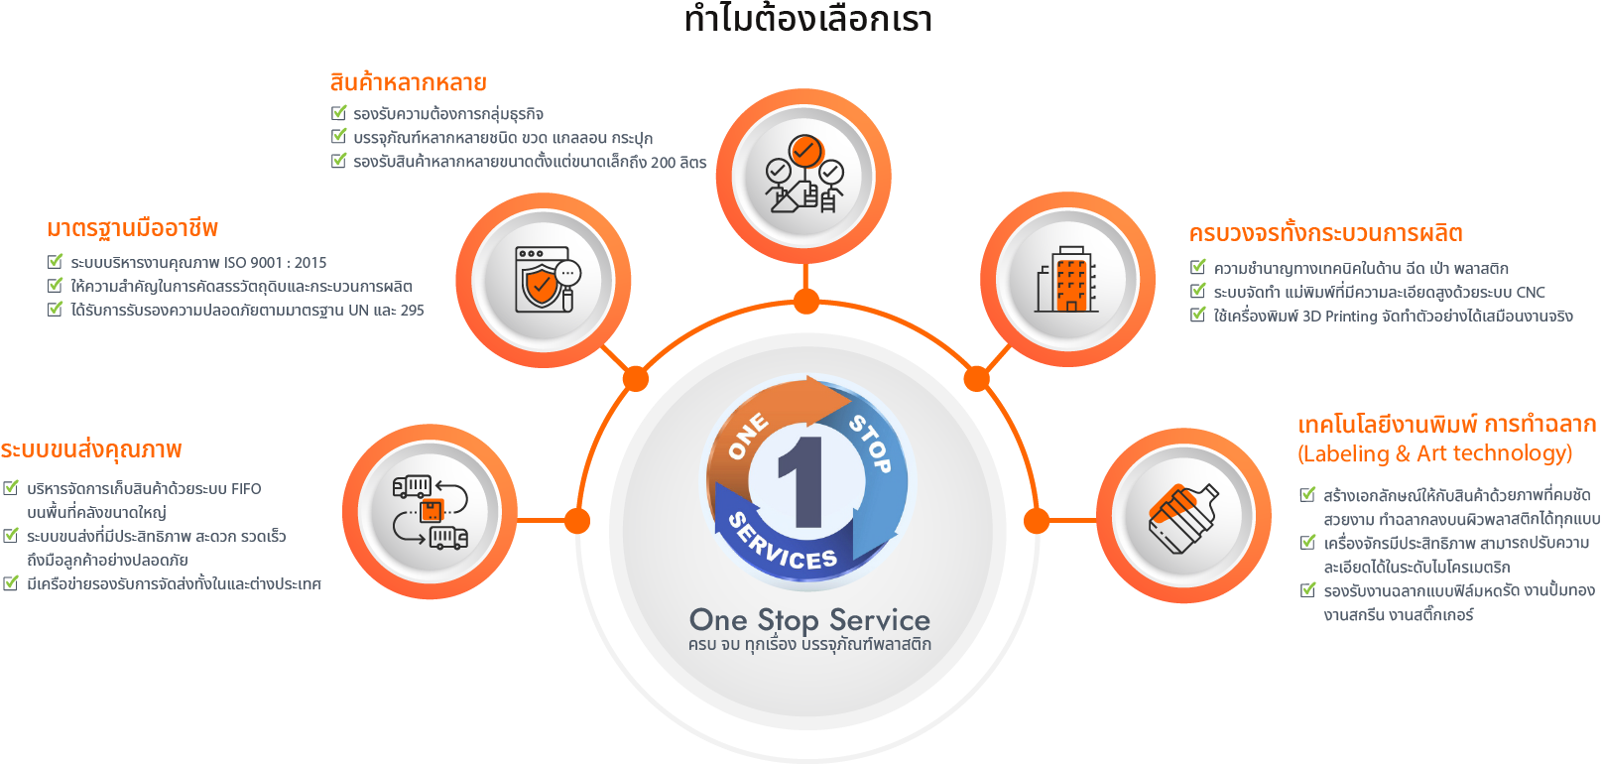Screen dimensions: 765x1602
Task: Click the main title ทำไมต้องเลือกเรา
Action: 808,20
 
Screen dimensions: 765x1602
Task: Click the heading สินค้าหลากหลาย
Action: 408,82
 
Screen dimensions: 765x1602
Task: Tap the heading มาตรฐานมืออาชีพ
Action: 132,228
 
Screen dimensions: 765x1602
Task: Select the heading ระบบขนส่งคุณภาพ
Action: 91,450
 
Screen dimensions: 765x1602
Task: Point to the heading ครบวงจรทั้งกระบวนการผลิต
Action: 1325,234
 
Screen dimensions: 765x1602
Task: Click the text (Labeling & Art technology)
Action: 1434,453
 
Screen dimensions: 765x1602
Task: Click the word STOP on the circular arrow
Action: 871,443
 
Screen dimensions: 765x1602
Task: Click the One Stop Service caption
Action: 809,620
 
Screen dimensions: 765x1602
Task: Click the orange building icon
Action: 1067,279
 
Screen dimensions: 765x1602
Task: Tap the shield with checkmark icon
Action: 544,280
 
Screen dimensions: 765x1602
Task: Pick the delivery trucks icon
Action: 431,512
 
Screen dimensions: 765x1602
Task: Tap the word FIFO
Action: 246,489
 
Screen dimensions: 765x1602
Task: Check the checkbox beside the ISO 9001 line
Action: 56,262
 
